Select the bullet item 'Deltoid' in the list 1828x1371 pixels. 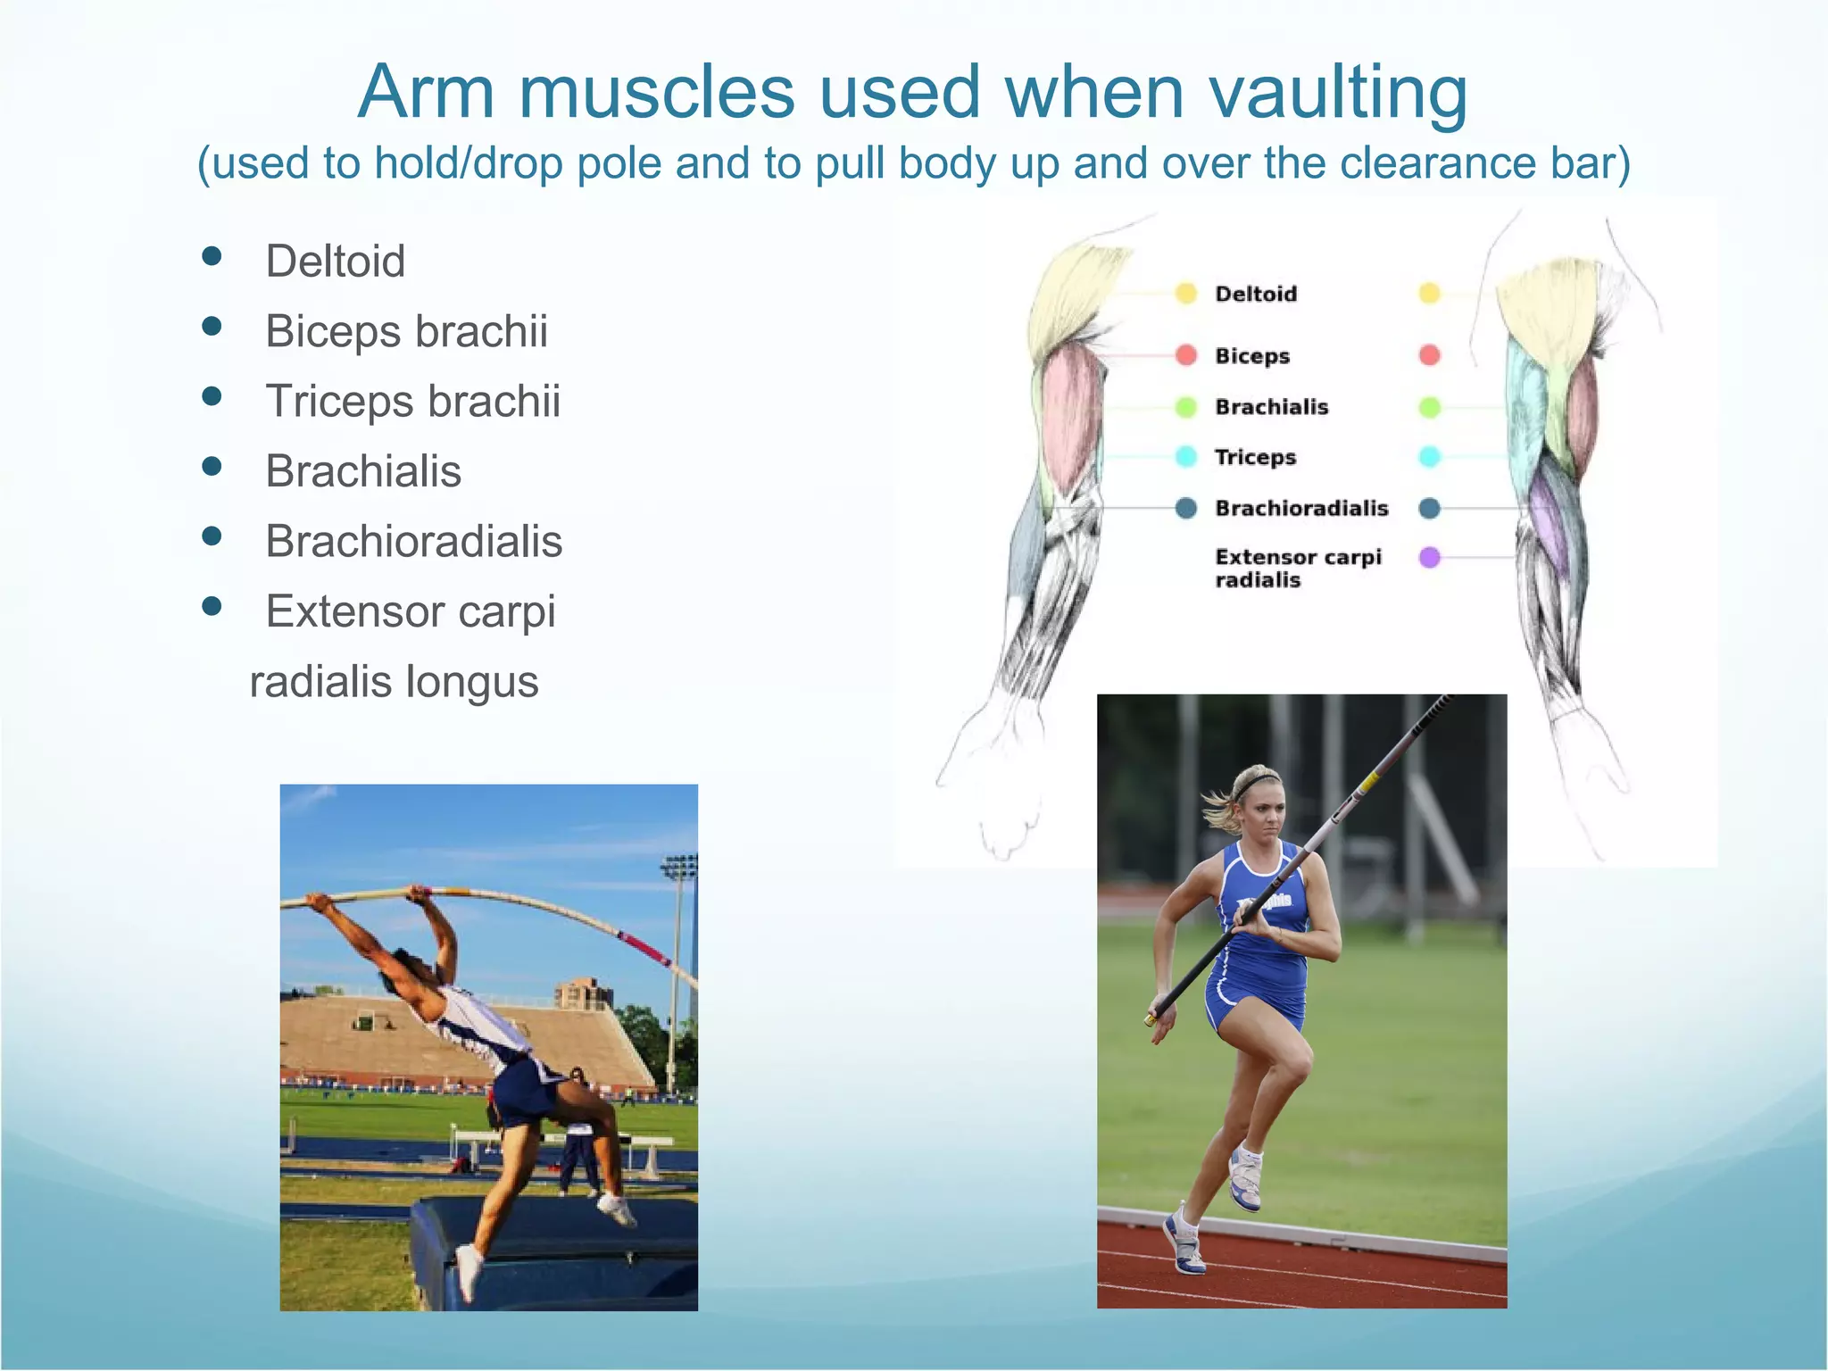(335, 262)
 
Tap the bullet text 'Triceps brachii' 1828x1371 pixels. (412, 401)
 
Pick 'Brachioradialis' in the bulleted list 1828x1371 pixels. (413, 541)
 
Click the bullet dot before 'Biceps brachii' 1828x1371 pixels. (212, 327)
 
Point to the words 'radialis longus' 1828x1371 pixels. (394, 682)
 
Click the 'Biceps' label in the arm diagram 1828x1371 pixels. (1251, 356)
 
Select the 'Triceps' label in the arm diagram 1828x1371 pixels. (1254, 457)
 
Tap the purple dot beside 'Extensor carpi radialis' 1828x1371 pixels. (1429, 558)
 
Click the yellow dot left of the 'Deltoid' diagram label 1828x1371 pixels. (1185, 294)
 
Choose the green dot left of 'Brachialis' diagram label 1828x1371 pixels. (1185, 407)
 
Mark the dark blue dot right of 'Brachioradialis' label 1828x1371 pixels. (1429, 508)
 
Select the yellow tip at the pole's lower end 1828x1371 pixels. (1151, 1018)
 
